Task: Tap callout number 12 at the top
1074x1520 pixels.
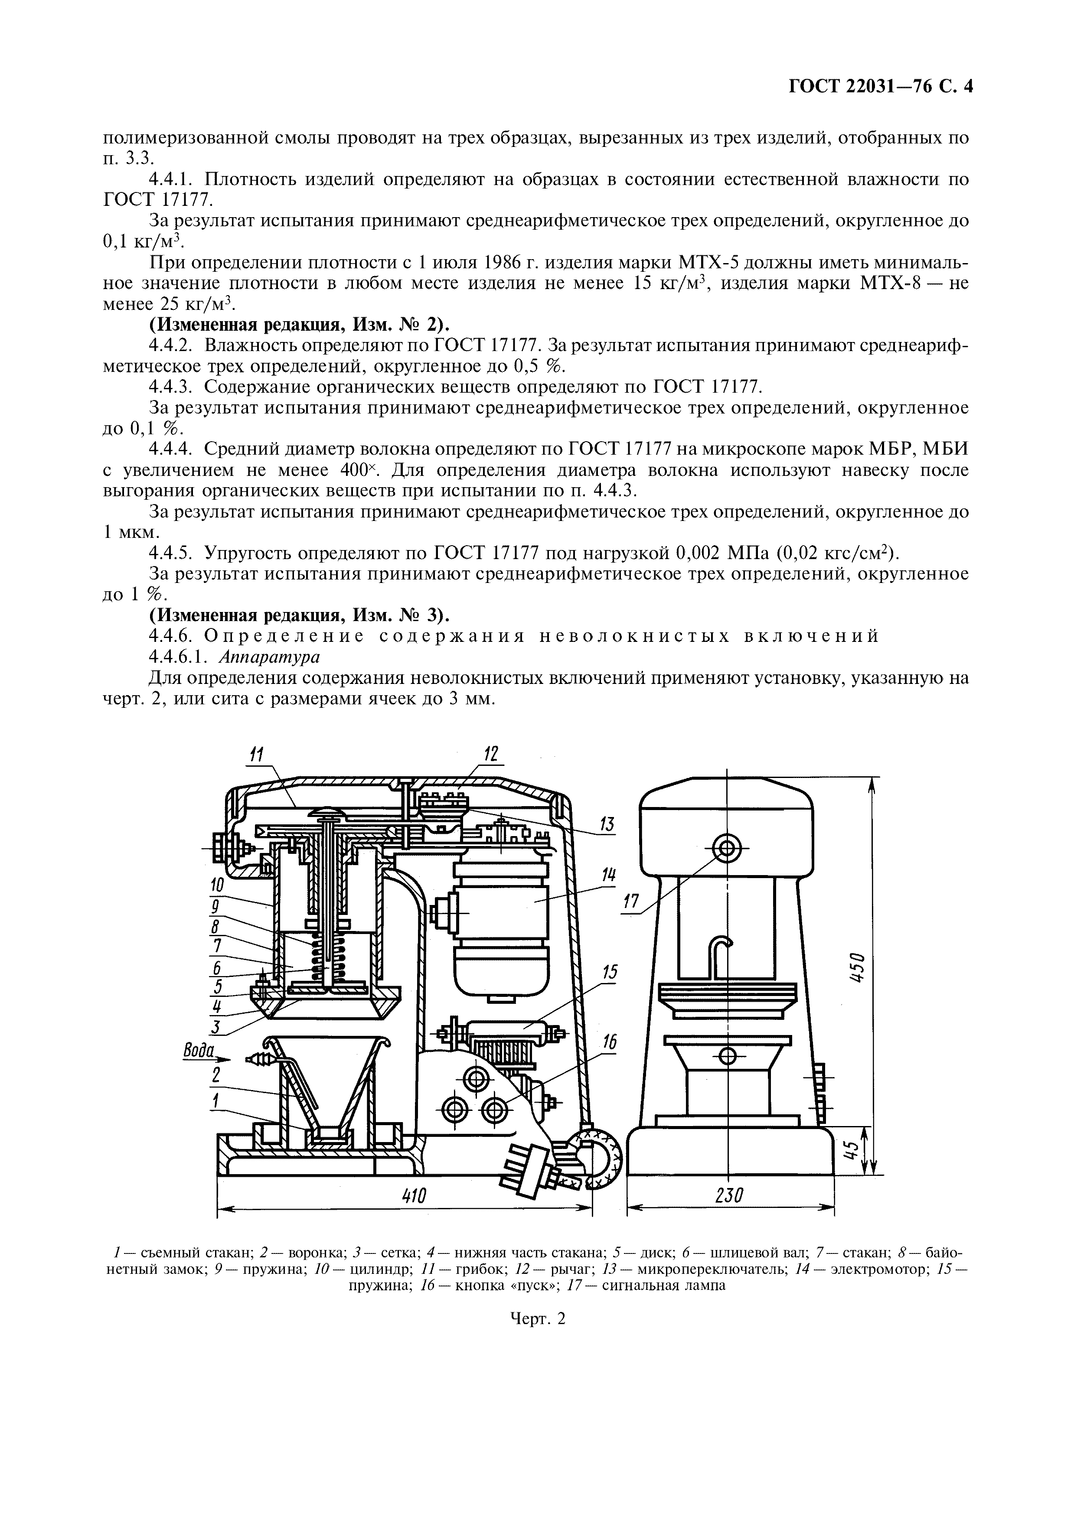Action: pos(491,755)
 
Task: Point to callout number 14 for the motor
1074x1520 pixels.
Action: pos(608,876)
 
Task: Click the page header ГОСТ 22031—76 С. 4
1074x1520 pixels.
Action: pos(880,88)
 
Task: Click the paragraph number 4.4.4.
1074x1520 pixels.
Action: pos(170,449)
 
